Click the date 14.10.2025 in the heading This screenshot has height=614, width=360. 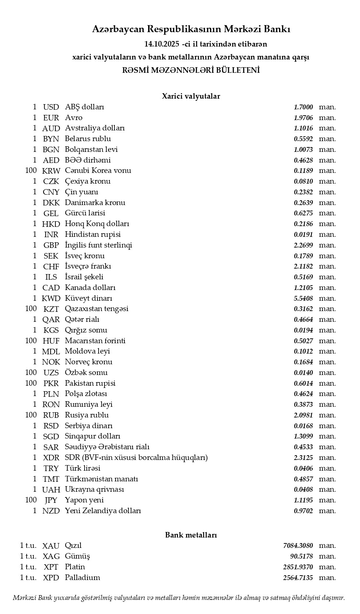tap(162, 44)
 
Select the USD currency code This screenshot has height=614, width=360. tap(51, 107)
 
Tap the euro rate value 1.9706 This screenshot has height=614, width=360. tap(303, 118)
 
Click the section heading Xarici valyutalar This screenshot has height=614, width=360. tap(191, 96)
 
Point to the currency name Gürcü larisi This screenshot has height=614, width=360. tap(85, 213)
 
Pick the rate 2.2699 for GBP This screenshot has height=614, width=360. tap(303, 245)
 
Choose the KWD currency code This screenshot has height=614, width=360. tap(51, 299)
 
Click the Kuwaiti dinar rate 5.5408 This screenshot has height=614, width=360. tap(303, 299)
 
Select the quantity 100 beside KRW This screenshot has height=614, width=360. tap(31, 171)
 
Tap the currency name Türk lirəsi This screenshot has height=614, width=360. tap(83, 468)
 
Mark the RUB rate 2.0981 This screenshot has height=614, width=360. tap(303, 415)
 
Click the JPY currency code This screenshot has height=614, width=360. tap(51, 500)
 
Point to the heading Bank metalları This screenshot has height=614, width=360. tap(191, 535)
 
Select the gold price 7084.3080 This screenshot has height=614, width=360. tap(298, 546)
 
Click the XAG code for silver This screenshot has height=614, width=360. tap(51, 556)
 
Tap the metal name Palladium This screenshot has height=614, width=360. tap(82, 578)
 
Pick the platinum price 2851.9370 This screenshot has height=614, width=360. tap(298, 567)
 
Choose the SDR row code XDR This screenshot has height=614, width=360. tap(51, 458)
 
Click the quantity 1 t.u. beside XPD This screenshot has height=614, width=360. tap(28, 578)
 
